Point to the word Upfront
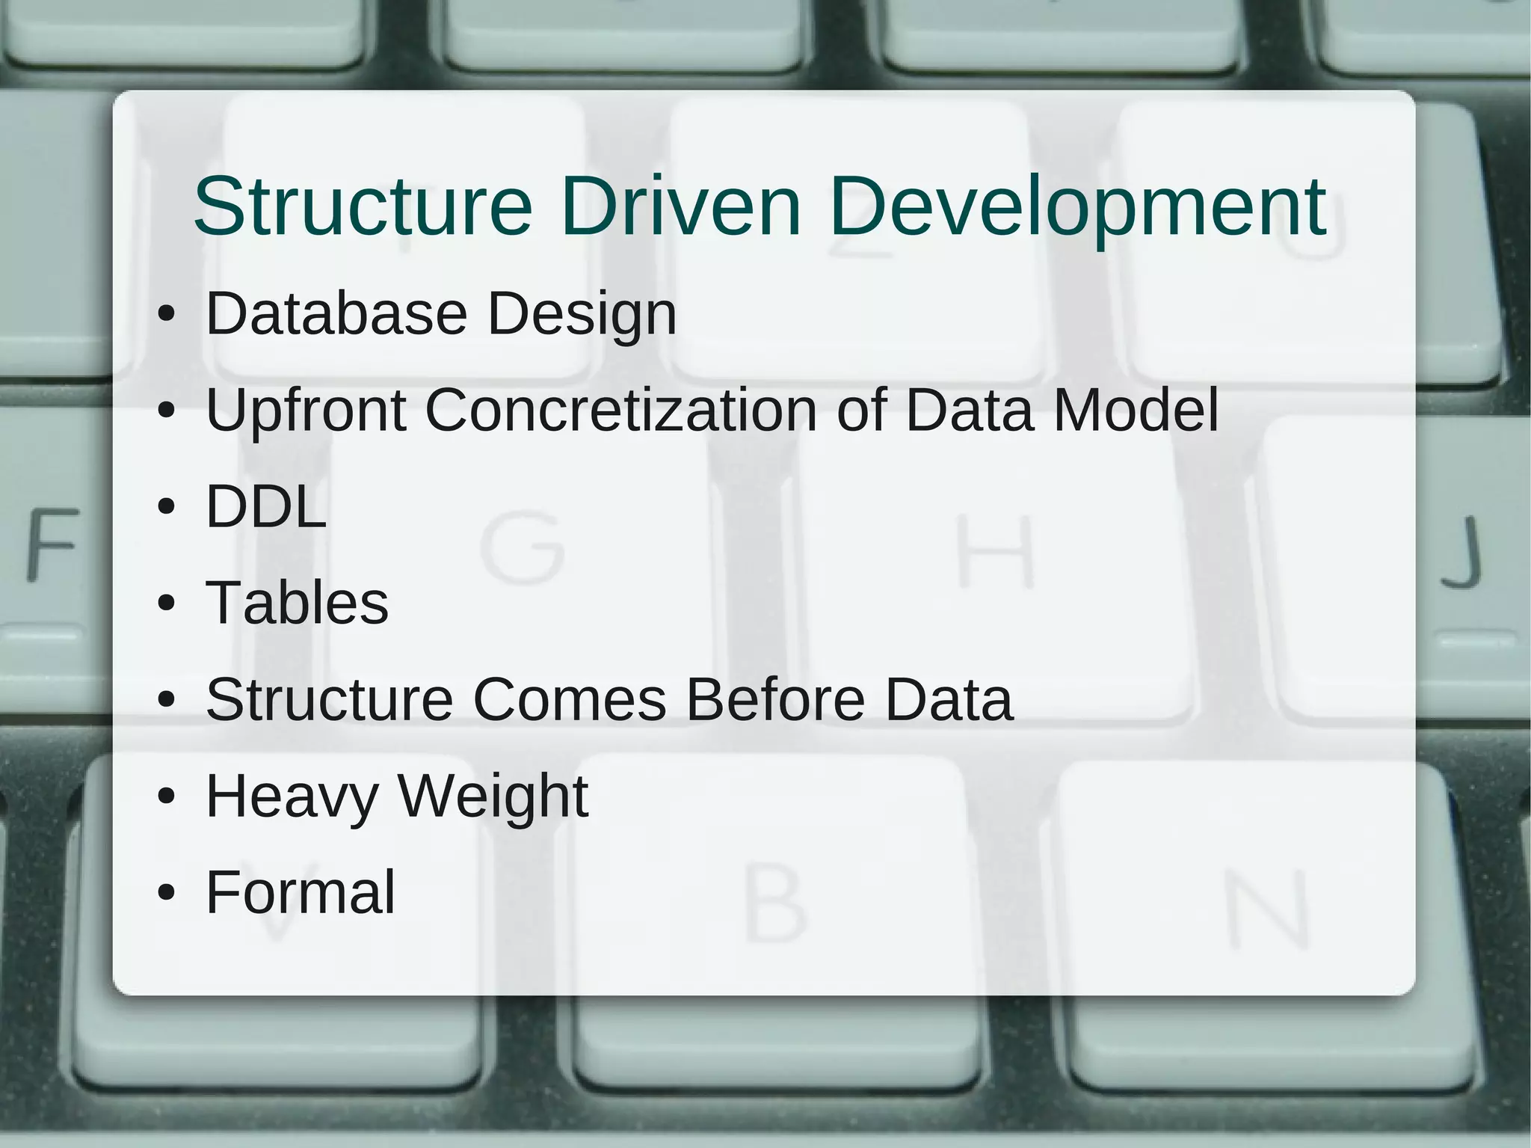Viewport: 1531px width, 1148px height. point(306,411)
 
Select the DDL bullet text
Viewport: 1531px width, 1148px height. point(266,506)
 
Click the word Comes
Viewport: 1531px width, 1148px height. point(569,699)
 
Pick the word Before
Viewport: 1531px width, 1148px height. point(776,699)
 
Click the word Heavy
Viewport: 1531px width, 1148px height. point(292,797)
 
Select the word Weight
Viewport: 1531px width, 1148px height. point(493,797)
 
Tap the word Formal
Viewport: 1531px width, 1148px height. point(300,892)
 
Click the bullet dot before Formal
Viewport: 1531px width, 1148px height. point(167,892)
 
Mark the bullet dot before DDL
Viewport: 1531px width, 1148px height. point(167,507)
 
